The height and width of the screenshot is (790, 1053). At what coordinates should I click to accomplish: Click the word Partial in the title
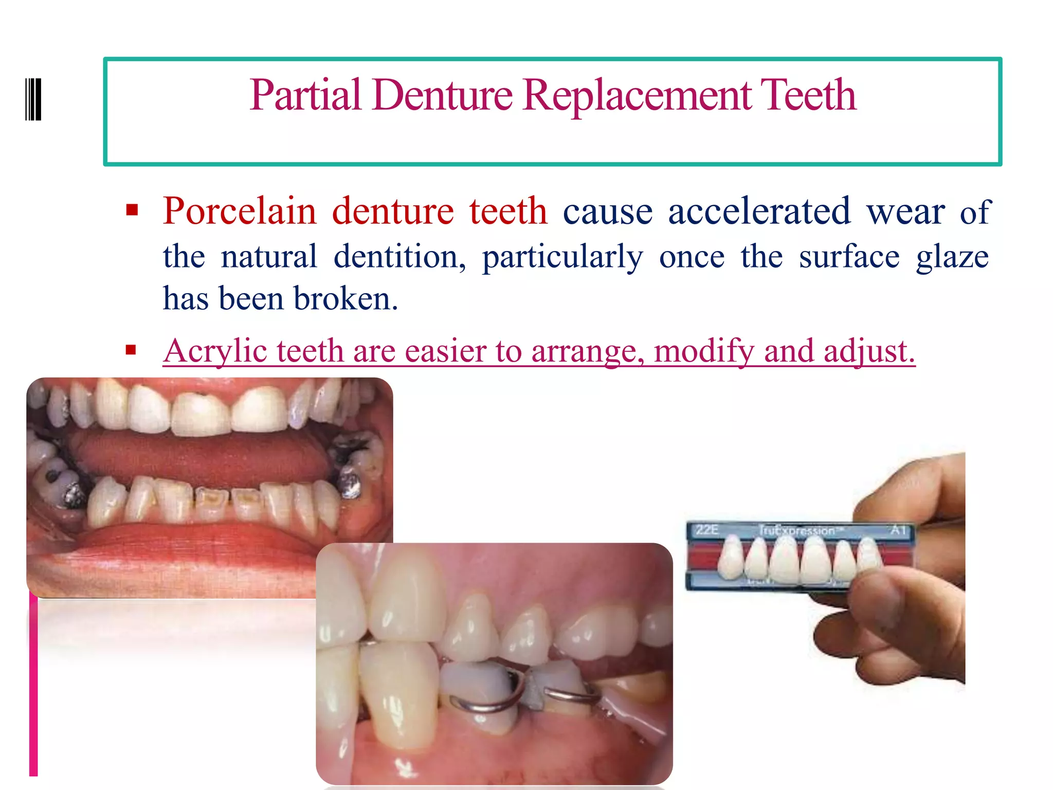coord(305,96)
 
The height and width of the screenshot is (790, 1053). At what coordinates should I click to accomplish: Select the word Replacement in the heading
coord(637,96)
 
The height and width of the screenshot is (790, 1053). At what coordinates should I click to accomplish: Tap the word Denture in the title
coord(443,96)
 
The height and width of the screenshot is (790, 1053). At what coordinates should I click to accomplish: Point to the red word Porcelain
coord(240,211)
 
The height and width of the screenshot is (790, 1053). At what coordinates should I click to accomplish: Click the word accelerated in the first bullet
coord(759,211)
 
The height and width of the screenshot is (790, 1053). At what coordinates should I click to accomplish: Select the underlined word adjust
coord(869,352)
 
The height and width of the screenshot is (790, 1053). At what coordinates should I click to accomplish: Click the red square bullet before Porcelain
coord(132,210)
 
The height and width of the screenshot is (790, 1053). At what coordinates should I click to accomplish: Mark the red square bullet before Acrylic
coord(131,350)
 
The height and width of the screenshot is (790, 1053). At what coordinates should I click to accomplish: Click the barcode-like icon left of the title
coord(33,99)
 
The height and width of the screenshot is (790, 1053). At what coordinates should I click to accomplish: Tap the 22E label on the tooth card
coord(707,530)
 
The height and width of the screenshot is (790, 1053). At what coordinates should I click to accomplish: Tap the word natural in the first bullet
coord(268,257)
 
